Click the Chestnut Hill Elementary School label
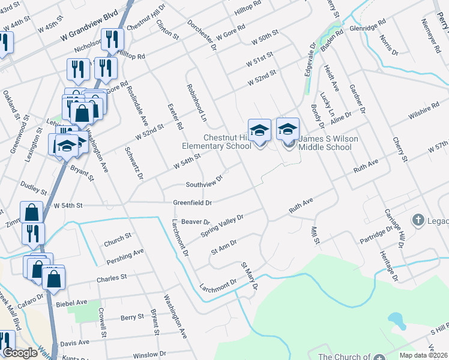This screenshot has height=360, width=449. pos(218,142)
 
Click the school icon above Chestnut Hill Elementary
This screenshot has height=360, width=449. pos(259,129)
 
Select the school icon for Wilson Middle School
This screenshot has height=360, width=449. pos(288,129)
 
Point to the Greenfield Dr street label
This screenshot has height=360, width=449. pos(192,203)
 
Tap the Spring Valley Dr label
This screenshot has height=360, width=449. pos(222,225)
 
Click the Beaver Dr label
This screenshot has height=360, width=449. pos(194,221)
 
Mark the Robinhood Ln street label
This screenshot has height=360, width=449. pos(196,103)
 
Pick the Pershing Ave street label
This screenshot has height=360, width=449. pos(125,257)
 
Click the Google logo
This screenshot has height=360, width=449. pos(20,353)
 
